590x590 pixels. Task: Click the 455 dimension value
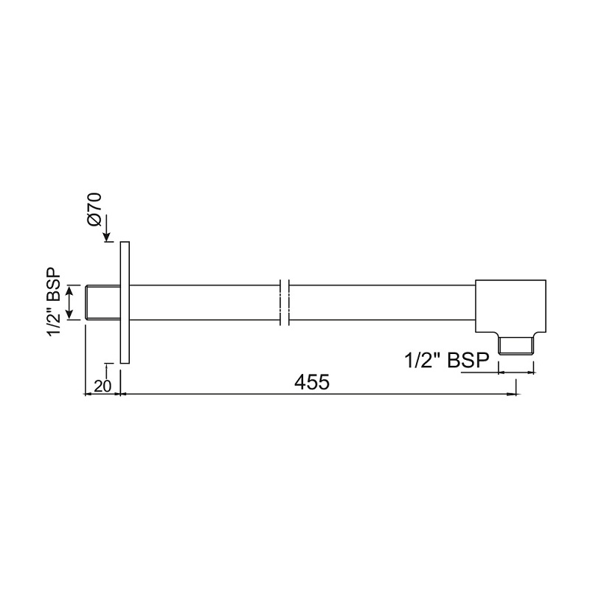(x=310, y=382)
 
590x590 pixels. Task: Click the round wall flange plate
(x=124, y=302)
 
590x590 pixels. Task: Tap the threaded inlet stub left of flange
(x=102, y=302)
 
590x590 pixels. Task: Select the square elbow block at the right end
(x=510, y=306)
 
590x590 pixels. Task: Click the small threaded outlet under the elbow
(x=516, y=345)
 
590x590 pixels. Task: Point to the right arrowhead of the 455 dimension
(x=511, y=395)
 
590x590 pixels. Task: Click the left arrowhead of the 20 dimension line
(x=90, y=395)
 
